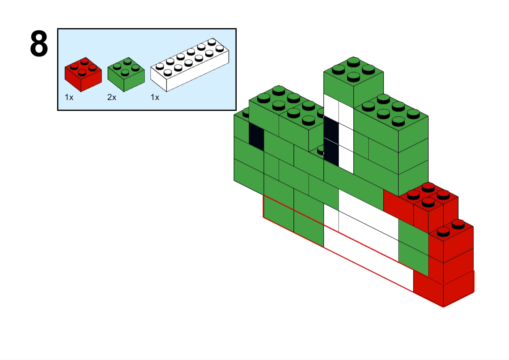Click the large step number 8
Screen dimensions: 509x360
(39, 43)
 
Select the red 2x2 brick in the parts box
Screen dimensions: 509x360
(83, 75)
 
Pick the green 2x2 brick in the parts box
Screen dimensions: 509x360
(126, 75)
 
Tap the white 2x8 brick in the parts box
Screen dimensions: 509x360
(190, 65)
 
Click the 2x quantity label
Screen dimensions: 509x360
(112, 97)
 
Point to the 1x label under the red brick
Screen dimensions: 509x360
(69, 97)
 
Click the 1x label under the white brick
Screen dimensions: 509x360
(155, 97)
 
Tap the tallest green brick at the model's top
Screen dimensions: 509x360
(354, 82)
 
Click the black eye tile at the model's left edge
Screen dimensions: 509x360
(256, 137)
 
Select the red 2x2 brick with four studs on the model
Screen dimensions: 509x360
(428, 208)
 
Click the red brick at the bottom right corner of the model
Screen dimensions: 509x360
(443, 288)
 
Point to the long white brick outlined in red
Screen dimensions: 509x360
(368, 259)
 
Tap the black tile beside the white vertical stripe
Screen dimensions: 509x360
(331, 141)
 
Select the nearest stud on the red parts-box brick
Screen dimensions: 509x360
(82, 73)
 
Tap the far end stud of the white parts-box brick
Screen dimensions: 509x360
(212, 42)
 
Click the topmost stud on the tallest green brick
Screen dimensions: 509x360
(353, 62)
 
